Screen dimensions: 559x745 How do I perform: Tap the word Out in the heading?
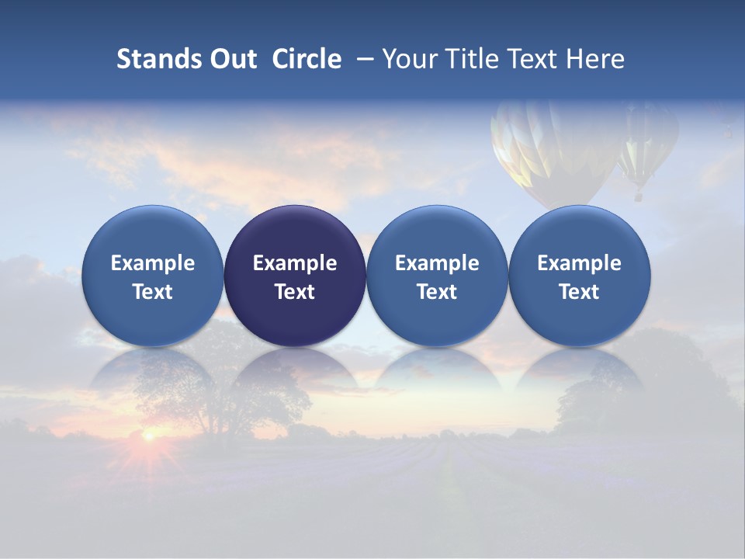(232, 59)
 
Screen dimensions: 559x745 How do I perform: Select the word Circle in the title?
(307, 59)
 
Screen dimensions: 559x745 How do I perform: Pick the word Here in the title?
(595, 59)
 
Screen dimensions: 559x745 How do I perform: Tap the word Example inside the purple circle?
(295, 263)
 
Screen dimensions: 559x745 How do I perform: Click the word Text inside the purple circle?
(295, 292)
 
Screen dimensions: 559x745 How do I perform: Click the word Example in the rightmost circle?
(580, 263)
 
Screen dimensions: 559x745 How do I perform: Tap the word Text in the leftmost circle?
(153, 292)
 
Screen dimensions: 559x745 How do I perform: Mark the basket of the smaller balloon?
(639, 197)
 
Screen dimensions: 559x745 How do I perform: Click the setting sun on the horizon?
(147, 436)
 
